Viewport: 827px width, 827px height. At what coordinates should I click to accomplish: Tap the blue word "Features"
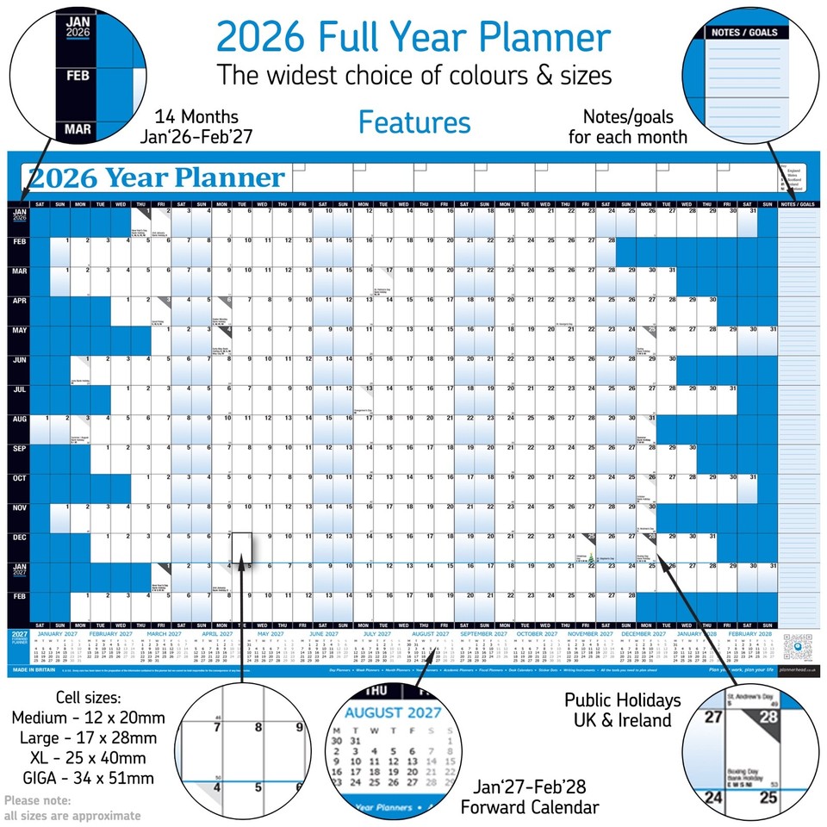(414, 122)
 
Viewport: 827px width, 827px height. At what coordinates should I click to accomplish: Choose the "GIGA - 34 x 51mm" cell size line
(83, 779)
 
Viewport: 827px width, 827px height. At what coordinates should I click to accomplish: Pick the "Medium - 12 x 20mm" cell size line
(83, 718)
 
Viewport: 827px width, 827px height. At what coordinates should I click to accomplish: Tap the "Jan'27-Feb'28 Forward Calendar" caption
(529, 797)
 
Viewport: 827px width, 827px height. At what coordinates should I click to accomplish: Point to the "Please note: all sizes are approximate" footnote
(72, 807)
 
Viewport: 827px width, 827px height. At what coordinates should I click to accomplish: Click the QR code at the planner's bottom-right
(799, 646)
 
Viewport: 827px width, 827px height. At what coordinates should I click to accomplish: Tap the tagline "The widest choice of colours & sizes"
(413, 75)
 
